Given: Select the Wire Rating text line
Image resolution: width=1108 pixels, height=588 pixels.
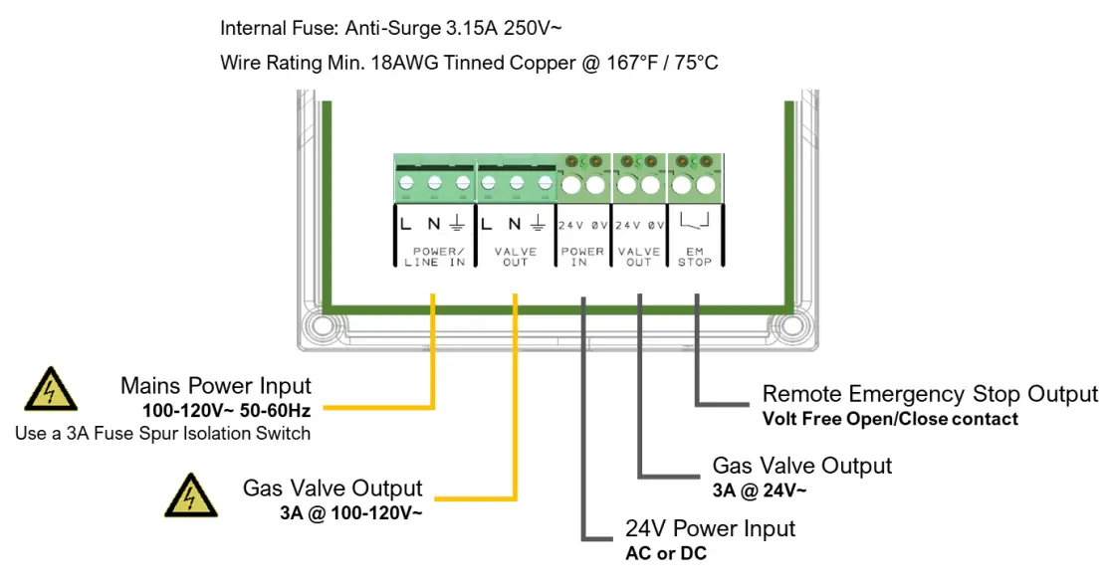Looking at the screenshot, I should pyautogui.click(x=469, y=63).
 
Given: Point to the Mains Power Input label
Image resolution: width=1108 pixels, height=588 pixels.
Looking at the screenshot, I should pyautogui.click(x=215, y=385).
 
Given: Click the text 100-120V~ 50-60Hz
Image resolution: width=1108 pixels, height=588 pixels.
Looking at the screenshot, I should pyautogui.click(x=228, y=409).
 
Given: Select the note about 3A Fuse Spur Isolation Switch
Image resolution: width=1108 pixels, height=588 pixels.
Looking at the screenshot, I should pyautogui.click(x=162, y=433).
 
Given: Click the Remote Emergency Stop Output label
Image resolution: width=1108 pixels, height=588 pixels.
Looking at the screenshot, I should pyautogui.click(x=930, y=394).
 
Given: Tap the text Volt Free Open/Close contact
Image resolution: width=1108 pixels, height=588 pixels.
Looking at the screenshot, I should pyautogui.click(x=890, y=419).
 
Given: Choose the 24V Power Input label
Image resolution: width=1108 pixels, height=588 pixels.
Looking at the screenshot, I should pyautogui.click(x=710, y=528).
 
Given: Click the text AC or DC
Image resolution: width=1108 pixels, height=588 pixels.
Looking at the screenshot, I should pyautogui.click(x=665, y=553).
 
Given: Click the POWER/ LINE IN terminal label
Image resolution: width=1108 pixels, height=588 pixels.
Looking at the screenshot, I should pyautogui.click(x=434, y=257).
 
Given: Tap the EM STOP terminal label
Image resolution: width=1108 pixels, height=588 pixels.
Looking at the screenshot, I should pyautogui.click(x=694, y=257).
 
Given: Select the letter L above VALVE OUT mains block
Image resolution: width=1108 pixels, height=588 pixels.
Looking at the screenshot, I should pyautogui.click(x=486, y=225).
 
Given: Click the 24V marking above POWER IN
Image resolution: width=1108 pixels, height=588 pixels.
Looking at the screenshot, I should pyautogui.click(x=570, y=225).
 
